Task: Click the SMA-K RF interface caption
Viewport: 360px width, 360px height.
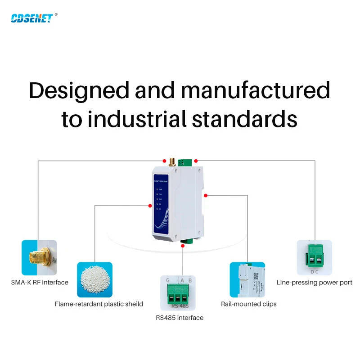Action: (40, 283)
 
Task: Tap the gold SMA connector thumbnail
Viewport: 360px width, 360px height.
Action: (39, 257)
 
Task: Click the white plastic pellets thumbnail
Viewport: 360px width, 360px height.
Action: (94, 279)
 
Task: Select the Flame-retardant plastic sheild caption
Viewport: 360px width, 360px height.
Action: (99, 304)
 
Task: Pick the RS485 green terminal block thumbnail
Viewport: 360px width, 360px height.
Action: (179, 292)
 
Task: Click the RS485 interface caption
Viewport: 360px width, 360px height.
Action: (180, 318)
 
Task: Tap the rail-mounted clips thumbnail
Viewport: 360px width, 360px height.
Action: (247, 279)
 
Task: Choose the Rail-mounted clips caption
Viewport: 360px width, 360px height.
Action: (248, 304)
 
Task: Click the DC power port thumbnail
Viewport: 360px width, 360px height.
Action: (314, 257)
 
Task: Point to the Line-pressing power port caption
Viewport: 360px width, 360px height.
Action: (314, 283)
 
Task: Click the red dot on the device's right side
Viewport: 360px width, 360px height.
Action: (205, 195)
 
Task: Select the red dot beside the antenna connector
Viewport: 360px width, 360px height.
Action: (163, 160)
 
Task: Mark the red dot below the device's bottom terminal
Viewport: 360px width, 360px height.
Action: (182, 246)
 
